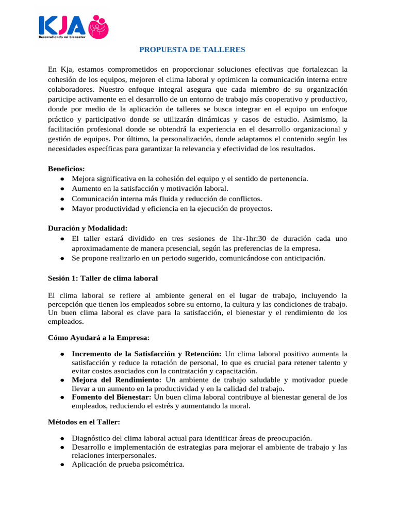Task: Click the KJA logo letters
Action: [x=61, y=26]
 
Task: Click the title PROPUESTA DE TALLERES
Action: [x=193, y=49]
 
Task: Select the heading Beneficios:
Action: [x=67, y=169]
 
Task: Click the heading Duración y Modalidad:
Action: [x=87, y=228]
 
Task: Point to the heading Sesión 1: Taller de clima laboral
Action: [x=103, y=278]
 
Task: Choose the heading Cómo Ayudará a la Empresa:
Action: [x=98, y=338]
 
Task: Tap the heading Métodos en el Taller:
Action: [x=84, y=422]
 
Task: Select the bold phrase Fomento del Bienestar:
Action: [x=111, y=397]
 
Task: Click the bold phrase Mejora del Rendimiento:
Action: [x=117, y=380]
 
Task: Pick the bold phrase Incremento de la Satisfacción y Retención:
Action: [x=146, y=354]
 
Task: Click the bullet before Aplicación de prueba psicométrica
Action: [x=62, y=465]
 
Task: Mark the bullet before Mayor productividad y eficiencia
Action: [x=62, y=209]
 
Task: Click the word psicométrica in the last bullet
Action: [x=164, y=464]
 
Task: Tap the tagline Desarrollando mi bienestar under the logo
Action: [x=62, y=38]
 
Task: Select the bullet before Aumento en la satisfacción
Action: [x=62, y=189]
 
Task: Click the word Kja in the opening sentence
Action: [x=66, y=70]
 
